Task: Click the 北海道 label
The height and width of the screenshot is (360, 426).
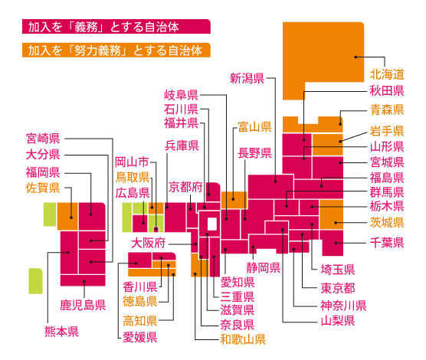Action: pos(387,74)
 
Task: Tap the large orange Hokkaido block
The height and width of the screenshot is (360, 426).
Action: pos(323,54)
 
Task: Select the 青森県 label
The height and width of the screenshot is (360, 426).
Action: pos(387,110)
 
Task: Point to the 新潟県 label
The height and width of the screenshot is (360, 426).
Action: pos(247,78)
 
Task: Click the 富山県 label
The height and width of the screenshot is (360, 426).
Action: pos(255,126)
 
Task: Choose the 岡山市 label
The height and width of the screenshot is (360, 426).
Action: pos(132,162)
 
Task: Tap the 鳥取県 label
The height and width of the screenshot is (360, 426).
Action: pos(133,177)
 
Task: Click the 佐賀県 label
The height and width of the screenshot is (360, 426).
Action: pos(43,188)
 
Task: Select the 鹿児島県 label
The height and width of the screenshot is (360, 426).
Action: pos(83,305)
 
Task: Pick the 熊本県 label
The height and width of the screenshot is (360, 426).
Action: pos(61,332)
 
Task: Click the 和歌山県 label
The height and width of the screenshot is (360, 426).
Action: pos(243,339)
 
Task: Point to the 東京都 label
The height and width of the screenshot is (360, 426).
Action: pos(338,288)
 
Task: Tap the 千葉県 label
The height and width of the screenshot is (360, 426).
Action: pos(387,242)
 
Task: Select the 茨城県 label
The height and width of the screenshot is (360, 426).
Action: pos(387,222)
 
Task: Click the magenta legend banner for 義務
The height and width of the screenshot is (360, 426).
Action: pos(116,26)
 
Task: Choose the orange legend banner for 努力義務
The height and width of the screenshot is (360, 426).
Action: pos(116,50)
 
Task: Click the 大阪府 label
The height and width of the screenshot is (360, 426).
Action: pos(148,243)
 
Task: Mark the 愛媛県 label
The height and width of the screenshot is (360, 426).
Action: pos(140,337)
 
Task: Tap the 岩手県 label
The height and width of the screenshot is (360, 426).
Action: pos(387,131)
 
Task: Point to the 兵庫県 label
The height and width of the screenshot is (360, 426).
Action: pos(182,146)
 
